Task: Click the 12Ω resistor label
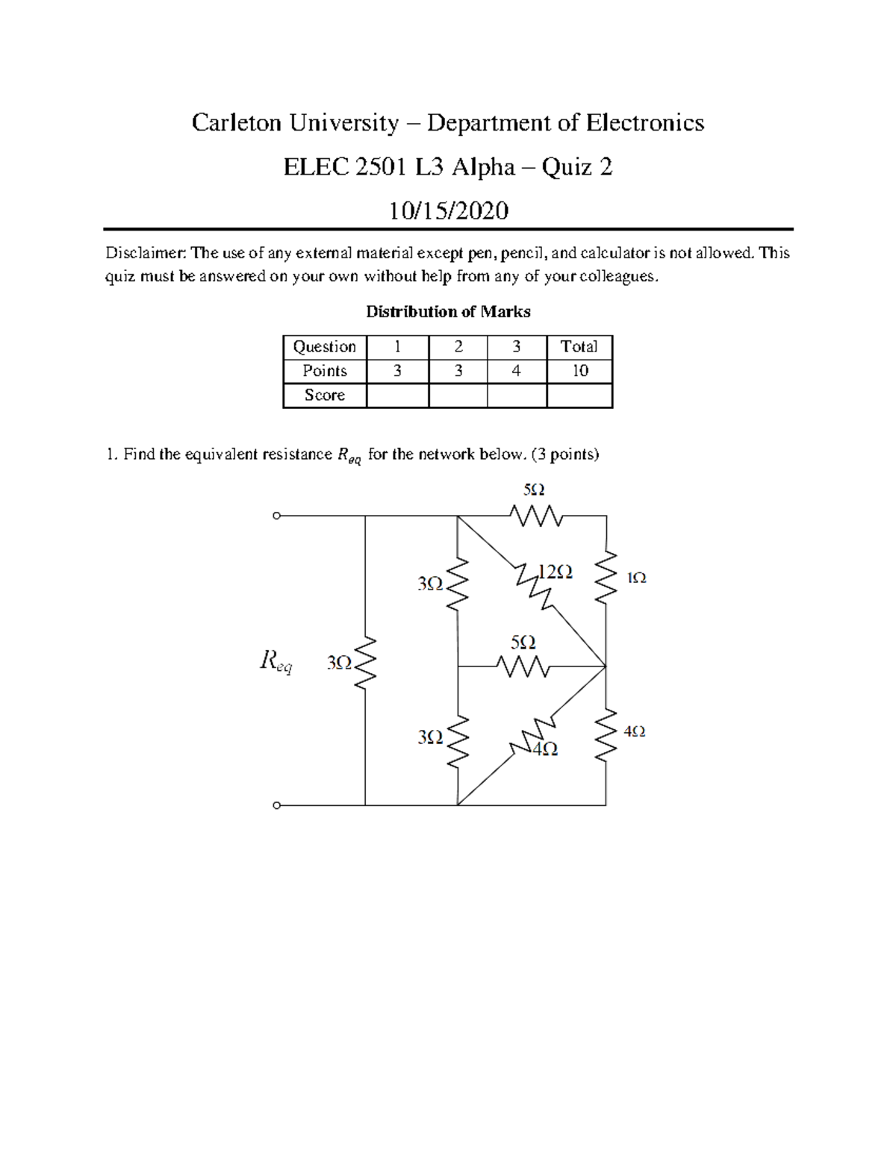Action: (x=555, y=572)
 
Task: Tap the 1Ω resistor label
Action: (x=636, y=578)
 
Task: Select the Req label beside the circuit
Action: (x=276, y=661)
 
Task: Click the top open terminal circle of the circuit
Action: (x=276, y=516)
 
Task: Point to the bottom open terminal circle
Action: (x=276, y=805)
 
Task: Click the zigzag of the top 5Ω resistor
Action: (x=536, y=515)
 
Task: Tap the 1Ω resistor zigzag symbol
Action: (x=606, y=575)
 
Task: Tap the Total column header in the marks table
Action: (x=579, y=347)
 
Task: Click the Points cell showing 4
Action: (x=516, y=371)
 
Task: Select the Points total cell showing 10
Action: (x=579, y=371)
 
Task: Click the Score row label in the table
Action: (x=325, y=396)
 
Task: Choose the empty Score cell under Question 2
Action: (x=458, y=396)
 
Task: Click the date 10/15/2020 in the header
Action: (x=448, y=210)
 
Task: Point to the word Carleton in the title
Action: (x=237, y=122)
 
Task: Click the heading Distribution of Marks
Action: (x=448, y=312)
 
